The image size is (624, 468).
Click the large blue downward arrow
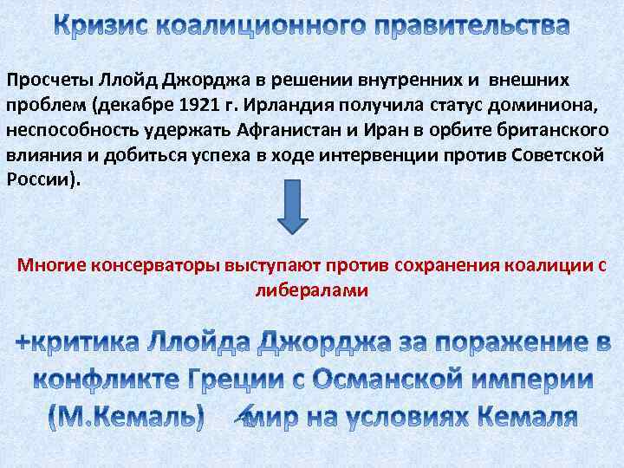point(292,205)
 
